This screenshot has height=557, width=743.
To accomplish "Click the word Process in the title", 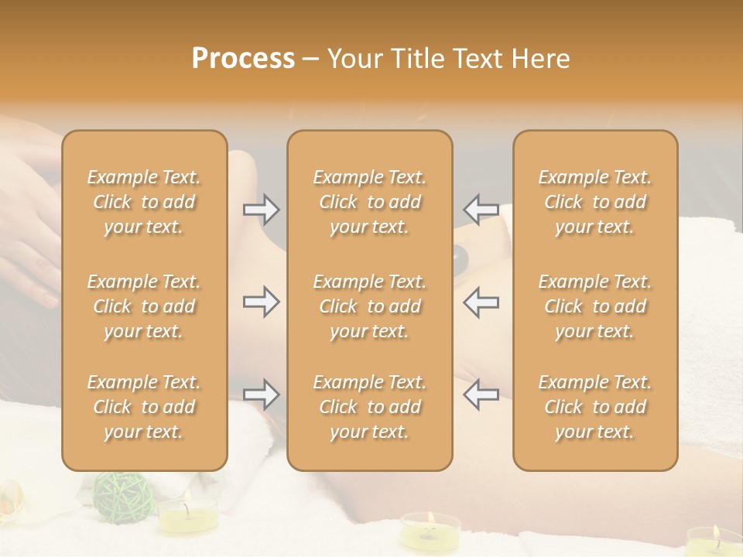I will pos(243,59).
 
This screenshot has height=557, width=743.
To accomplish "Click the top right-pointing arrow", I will pos(261,209).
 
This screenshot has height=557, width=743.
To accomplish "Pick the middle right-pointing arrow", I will pos(261,302).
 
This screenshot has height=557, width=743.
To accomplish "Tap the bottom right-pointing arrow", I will pos(261,395).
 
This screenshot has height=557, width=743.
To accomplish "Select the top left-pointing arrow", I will pos(481,209).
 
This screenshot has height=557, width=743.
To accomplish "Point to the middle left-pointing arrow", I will pos(481,302).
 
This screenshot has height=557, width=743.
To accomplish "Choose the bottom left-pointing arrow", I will pos(481,395).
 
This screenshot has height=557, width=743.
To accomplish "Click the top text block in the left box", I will pos(144,202).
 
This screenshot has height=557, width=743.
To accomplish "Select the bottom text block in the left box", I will pos(144,407).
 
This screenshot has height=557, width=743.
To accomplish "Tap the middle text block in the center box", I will pos(369,306).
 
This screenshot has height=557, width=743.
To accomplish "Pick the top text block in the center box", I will pos(369,202).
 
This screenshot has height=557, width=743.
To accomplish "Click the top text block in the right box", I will pos(594,202).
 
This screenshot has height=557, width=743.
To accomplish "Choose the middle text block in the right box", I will pos(594,306).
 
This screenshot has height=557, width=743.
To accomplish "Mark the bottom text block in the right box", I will pos(594,407).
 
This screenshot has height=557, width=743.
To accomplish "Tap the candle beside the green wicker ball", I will pos(188,516).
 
